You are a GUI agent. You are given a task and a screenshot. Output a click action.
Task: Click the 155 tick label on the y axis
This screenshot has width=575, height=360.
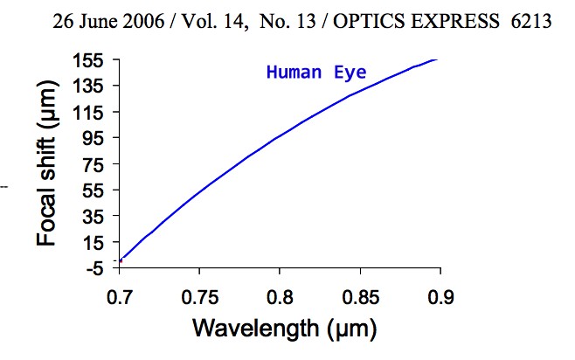87,60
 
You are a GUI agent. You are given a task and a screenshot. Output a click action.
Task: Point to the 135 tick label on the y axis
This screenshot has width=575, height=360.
87,87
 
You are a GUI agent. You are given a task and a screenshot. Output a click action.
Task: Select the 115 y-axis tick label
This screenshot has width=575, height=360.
87,113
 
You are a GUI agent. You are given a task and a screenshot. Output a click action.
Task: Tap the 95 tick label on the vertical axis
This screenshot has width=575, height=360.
92,138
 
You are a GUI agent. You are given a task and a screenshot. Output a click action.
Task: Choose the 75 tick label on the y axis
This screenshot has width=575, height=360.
92,164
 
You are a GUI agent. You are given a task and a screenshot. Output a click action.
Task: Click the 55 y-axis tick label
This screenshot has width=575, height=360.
92,190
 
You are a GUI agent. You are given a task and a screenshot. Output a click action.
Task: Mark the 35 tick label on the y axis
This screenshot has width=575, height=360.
92,217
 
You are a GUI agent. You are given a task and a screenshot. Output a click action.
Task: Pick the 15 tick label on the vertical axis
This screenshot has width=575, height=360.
92,243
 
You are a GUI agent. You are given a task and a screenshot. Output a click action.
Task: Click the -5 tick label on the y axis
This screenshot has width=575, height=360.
92,268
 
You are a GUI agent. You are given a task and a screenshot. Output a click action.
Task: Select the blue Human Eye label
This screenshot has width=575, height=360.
316,73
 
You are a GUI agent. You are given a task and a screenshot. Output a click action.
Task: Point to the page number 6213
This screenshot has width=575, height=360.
531,20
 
